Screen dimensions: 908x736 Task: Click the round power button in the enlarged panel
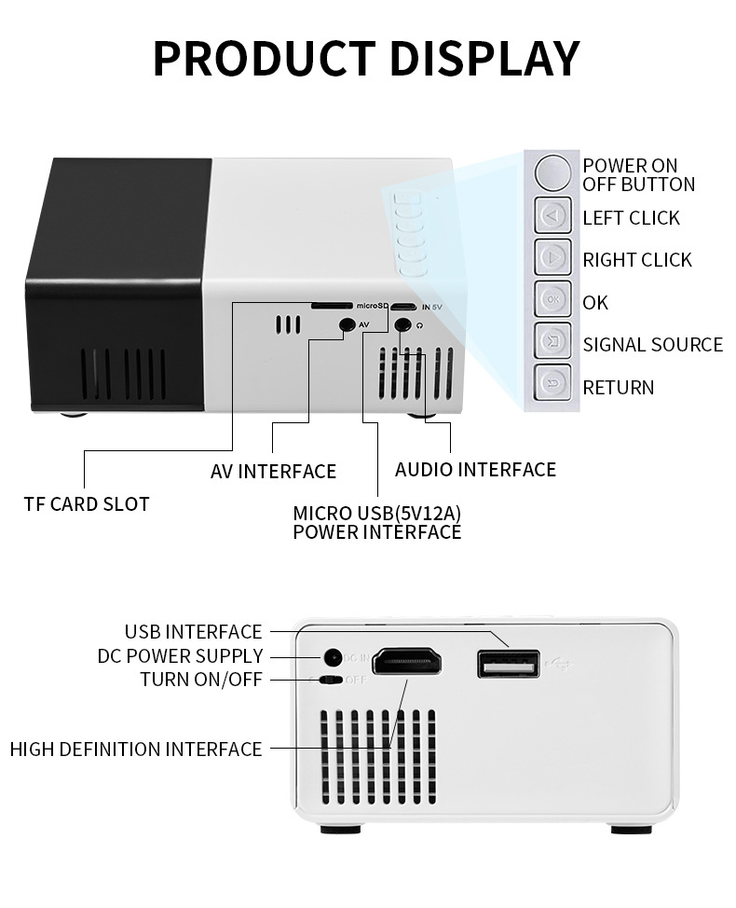pos(553,172)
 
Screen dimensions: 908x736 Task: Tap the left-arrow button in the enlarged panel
pos(553,216)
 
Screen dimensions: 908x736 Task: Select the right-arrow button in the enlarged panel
pos(553,258)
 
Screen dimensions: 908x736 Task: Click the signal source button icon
pos(553,341)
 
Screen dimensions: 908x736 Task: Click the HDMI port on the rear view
pos(406,663)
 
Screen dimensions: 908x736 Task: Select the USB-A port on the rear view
pos(508,664)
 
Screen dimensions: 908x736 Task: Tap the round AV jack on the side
pos(348,324)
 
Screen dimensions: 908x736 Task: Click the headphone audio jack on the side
pos(403,325)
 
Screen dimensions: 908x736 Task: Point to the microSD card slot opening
pos(330,306)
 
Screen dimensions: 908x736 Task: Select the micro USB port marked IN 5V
pos(403,307)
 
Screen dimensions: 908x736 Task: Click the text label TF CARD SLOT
pos(87,504)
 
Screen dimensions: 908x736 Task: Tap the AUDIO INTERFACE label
pos(475,470)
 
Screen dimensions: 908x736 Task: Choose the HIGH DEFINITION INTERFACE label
pos(136,749)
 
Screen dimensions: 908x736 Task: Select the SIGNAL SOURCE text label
pos(652,345)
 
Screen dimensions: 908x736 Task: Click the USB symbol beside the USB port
pos(562,664)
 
